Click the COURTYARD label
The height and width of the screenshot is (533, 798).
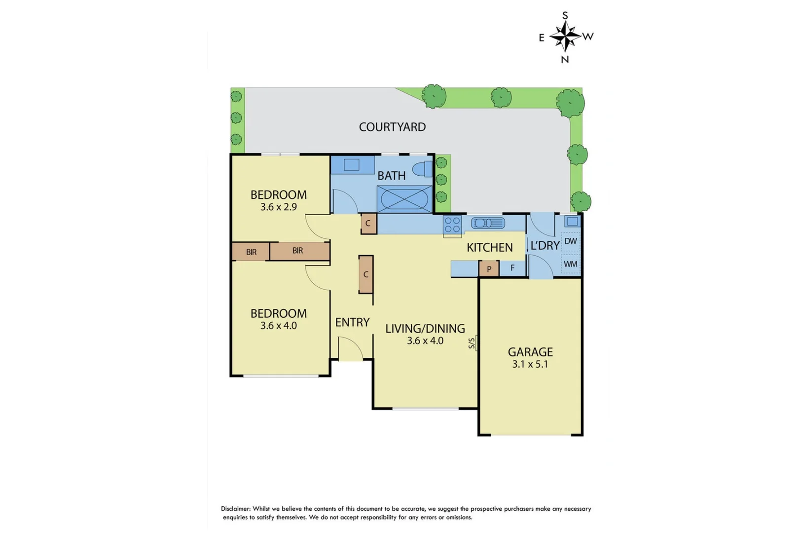pyautogui.click(x=392, y=127)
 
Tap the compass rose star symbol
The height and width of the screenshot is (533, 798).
pyautogui.click(x=565, y=37)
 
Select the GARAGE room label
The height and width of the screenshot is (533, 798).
pyautogui.click(x=530, y=352)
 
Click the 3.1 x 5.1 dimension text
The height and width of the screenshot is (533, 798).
pyautogui.click(x=530, y=365)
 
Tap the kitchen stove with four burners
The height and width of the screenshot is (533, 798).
pyautogui.click(x=452, y=225)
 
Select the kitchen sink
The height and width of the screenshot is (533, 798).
pyautogui.click(x=488, y=223)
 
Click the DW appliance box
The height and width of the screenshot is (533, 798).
pyautogui.click(x=571, y=241)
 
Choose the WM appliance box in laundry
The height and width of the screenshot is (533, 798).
pyautogui.click(x=571, y=264)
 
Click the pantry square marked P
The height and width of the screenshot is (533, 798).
pyautogui.click(x=489, y=269)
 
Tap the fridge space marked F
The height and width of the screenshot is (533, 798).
pyautogui.click(x=512, y=268)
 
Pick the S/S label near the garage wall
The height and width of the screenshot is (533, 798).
pyautogui.click(x=472, y=343)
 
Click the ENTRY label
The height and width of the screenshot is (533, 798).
pyautogui.click(x=352, y=322)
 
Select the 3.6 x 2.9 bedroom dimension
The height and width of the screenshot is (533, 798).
pyautogui.click(x=279, y=207)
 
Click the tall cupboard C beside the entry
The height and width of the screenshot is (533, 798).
pyautogui.click(x=365, y=274)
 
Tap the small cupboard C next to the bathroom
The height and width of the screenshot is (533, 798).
pyautogui.click(x=368, y=224)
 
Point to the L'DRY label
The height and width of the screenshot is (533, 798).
pyautogui.click(x=544, y=245)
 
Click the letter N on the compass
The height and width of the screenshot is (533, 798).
pyautogui.click(x=565, y=60)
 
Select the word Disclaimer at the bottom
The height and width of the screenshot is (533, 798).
pyautogui.click(x=236, y=509)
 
